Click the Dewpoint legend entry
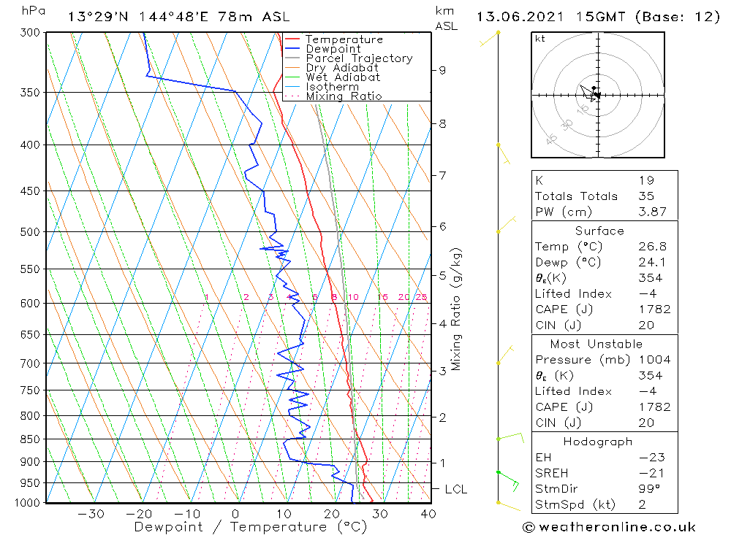click(333, 49)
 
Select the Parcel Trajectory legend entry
click(359, 58)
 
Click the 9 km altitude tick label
click(442, 70)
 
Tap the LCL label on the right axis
click(455, 489)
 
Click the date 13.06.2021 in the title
click(517, 17)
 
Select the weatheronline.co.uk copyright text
click(609, 527)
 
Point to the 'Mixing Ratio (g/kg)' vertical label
click(456, 309)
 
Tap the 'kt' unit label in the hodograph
click(539, 39)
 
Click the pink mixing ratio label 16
click(382, 297)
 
